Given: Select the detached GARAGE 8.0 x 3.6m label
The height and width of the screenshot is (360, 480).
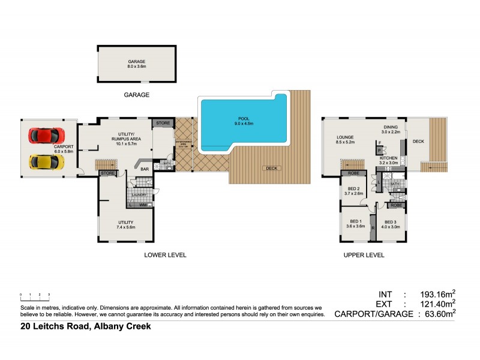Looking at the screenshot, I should [136, 64].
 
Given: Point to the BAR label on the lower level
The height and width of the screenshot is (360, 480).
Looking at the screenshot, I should [144, 169].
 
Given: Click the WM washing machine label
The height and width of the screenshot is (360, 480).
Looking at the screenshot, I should [143, 205].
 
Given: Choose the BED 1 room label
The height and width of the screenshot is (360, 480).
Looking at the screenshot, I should [358, 224].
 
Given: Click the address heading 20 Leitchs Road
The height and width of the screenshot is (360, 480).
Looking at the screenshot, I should [84, 327].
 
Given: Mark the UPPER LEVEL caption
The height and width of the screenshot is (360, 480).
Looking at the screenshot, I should [364, 255].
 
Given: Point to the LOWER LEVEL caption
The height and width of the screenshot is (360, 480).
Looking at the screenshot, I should [165, 255].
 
